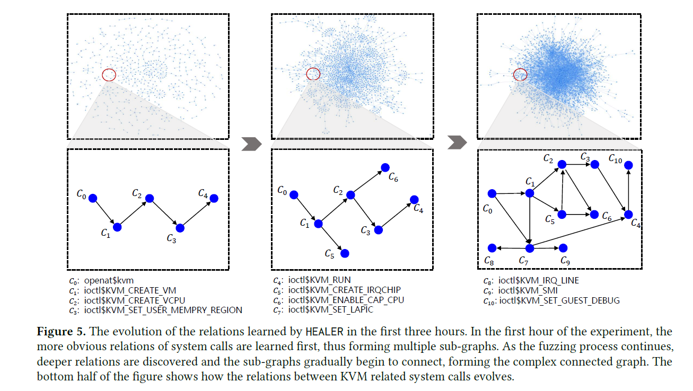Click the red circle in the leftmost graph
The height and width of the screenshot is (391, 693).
point(108,75)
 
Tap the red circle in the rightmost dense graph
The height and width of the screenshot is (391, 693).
point(520,75)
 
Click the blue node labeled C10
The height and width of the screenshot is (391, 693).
point(628,165)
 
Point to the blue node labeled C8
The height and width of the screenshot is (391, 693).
point(492,248)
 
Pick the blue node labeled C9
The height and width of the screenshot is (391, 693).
point(563,248)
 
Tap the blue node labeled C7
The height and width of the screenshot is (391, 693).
point(529,248)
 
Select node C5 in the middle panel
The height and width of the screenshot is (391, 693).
point(345,254)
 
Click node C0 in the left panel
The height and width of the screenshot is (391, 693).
point(93,198)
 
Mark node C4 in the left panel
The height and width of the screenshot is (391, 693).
point(214,198)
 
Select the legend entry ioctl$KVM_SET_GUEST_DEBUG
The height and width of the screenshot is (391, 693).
point(559,300)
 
